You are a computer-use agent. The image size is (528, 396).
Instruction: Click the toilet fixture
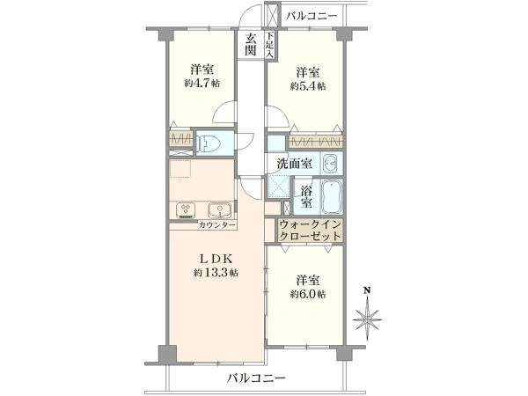pyautogui.click(x=209, y=143)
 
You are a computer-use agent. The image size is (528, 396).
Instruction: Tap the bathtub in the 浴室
pyautogui.click(x=332, y=198)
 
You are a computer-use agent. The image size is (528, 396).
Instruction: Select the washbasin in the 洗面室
pyautogui.click(x=330, y=164)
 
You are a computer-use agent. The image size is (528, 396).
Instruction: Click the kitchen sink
pyautogui.click(x=219, y=210)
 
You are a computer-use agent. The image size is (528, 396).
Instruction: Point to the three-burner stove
pyautogui.click(x=186, y=210)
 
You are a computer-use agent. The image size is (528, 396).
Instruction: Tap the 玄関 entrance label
pyautogui.click(x=251, y=45)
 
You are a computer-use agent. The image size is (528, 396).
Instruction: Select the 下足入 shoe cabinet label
pyautogui.click(x=269, y=45)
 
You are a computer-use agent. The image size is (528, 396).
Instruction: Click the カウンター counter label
pyautogui.click(x=216, y=225)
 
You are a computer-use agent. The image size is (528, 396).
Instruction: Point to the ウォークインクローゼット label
pyautogui.click(x=310, y=230)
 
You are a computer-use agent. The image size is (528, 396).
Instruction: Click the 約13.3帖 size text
pyautogui.click(x=216, y=273)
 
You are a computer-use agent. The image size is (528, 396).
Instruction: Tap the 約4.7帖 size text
pyautogui.click(x=202, y=83)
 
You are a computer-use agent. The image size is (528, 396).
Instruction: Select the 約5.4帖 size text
pyautogui.click(x=308, y=86)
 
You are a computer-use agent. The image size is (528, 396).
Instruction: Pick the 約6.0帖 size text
pyautogui.click(x=308, y=294)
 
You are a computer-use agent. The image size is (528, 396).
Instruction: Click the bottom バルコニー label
pyautogui.click(x=255, y=378)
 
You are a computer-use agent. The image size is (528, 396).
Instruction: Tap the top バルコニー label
pyautogui.click(x=312, y=16)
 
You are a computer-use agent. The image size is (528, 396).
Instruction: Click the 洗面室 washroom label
pyautogui.click(x=295, y=164)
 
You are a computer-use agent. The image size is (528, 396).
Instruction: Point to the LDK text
pyautogui.click(x=216, y=259)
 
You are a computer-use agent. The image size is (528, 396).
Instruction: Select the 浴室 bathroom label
pyautogui.click(x=306, y=197)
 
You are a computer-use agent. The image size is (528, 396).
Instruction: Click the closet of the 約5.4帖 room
pyautogui.click(x=316, y=141)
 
